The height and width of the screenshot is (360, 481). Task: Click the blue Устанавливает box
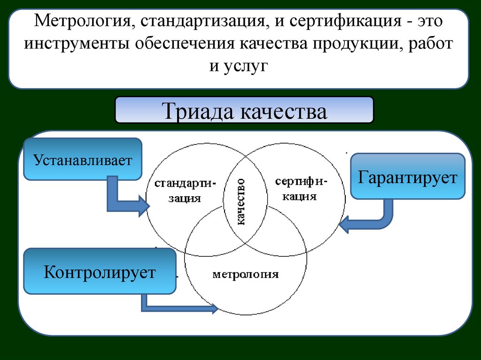tap(83, 159)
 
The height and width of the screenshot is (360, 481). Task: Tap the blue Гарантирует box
tap(407, 177)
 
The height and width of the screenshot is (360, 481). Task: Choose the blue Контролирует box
tap(100, 272)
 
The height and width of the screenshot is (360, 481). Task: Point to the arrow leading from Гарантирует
tap(372, 218)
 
